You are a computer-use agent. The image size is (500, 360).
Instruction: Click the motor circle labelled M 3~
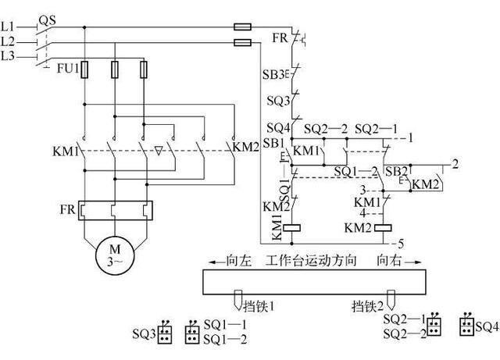(x=115, y=257)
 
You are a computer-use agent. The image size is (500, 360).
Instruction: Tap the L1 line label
(x=8, y=27)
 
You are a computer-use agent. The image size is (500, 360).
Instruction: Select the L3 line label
(x=8, y=56)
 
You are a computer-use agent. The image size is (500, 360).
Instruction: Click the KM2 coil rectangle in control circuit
(x=384, y=228)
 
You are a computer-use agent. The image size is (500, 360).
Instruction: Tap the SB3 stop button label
(x=270, y=75)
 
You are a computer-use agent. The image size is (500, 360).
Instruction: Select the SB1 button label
(x=272, y=143)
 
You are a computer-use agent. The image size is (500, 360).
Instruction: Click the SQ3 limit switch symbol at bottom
(x=165, y=333)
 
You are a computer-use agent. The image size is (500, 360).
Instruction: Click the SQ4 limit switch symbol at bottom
(x=467, y=325)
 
